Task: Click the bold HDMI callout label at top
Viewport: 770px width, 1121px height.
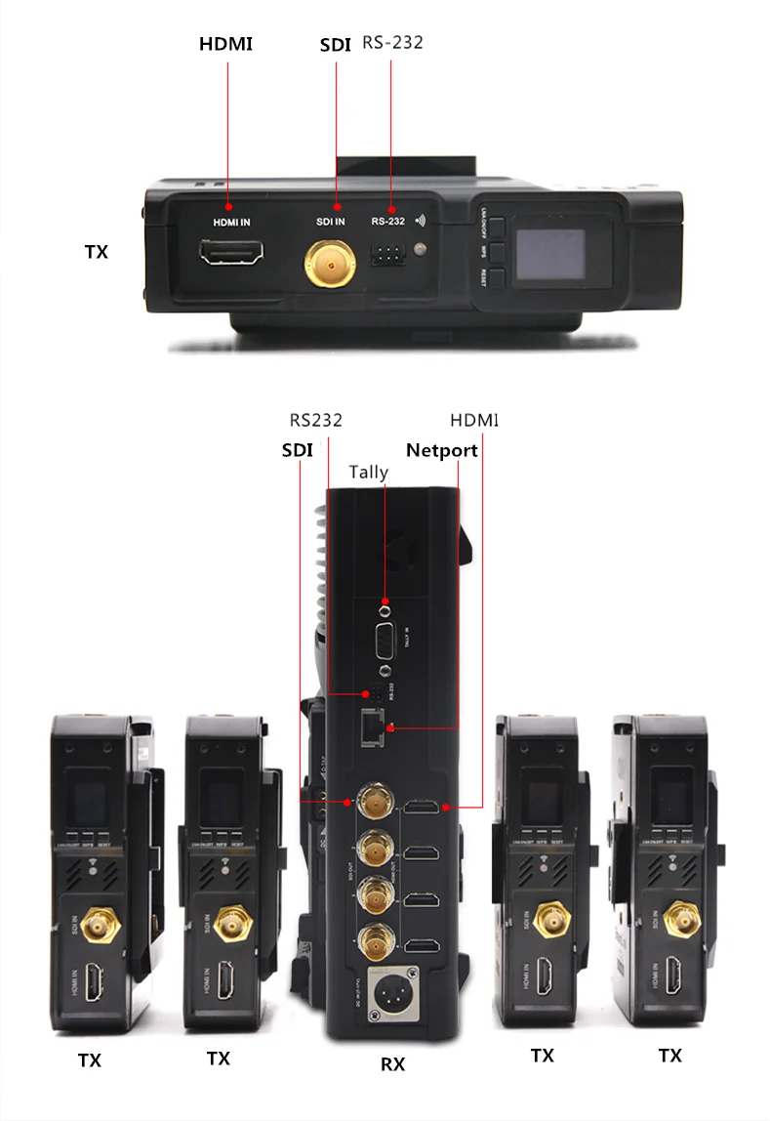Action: point(225,44)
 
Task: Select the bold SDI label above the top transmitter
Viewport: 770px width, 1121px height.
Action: point(336,45)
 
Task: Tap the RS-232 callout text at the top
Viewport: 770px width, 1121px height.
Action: point(392,43)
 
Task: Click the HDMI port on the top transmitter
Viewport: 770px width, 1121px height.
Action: point(232,256)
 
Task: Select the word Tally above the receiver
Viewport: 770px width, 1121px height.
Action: point(369,473)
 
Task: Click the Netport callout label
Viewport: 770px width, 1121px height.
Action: point(442,450)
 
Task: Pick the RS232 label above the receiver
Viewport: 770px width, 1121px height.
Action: point(315,421)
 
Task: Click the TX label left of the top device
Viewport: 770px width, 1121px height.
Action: point(96,251)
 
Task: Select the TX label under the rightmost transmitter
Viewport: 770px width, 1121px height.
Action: point(669,1056)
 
